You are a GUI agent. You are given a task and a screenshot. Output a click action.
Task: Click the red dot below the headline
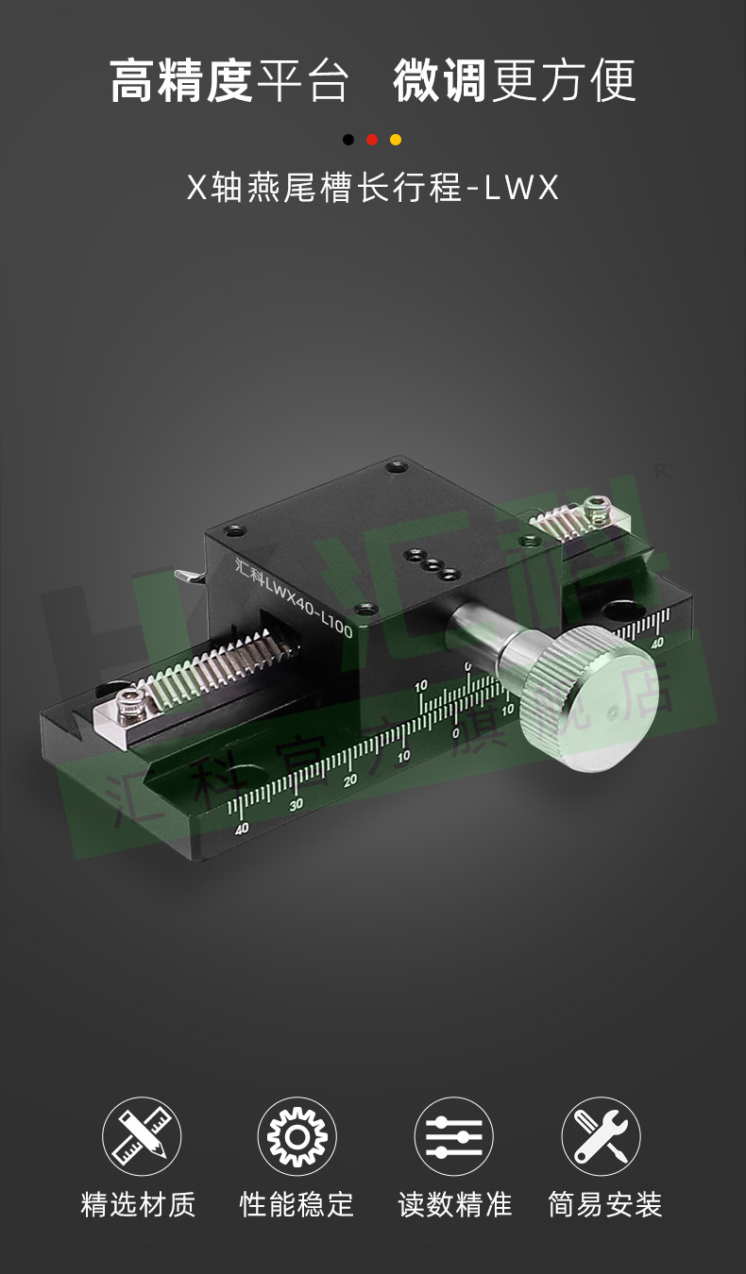pyautogui.click(x=372, y=140)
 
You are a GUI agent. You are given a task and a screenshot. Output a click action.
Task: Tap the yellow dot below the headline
pyautogui.click(x=396, y=140)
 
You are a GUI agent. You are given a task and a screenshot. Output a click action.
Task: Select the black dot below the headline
pyautogui.click(x=348, y=140)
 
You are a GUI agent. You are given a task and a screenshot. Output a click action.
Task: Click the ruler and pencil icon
pyautogui.click(x=142, y=1136)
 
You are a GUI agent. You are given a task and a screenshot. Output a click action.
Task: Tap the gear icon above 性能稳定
pyautogui.click(x=297, y=1136)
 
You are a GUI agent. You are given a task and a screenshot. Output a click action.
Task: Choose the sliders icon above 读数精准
pyautogui.click(x=453, y=1136)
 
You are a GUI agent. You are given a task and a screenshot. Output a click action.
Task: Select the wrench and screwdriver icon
pyautogui.click(x=601, y=1136)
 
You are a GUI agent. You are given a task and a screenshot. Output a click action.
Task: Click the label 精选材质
pyautogui.click(x=138, y=1204)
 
